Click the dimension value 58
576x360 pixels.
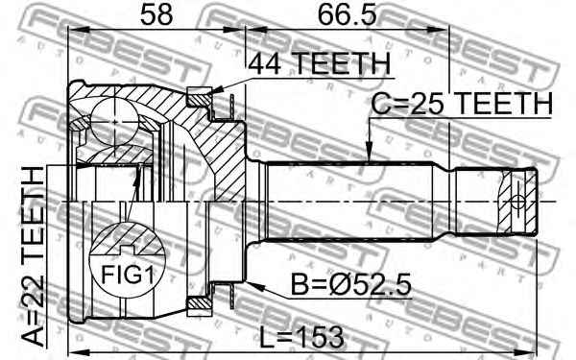(156, 14)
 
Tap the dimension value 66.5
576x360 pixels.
(348, 14)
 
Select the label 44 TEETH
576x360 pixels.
(319, 63)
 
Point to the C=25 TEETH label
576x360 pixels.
(462, 104)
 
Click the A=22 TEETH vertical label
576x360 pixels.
(32, 256)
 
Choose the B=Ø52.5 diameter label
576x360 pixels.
(350, 284)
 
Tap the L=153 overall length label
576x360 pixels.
(302, 337)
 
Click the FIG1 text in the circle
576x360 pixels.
(127, 275)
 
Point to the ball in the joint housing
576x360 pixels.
(114, 122)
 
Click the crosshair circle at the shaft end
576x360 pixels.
(518, 202)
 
